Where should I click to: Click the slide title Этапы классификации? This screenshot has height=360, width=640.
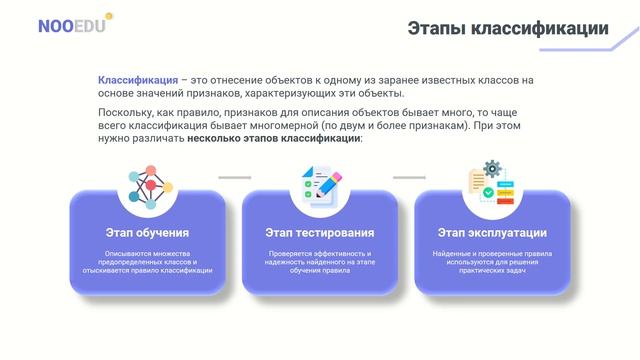(508, 29)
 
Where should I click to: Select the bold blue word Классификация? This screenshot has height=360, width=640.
(138, 79)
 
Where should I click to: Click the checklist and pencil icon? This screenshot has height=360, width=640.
(320, 185)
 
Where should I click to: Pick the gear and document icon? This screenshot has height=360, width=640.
(492, 183)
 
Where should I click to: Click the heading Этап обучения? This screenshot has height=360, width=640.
(147, 232)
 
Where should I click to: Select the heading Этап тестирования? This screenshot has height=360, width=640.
(320, 232)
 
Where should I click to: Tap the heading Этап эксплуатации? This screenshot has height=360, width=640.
(492, 232)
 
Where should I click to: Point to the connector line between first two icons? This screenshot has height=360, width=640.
(234, 178)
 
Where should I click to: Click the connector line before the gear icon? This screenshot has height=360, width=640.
(408, 178)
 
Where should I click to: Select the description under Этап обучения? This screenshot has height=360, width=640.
(147, 262)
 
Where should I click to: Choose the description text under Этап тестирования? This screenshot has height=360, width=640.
(320, 262)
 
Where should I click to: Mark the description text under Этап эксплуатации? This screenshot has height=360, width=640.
(492, 262)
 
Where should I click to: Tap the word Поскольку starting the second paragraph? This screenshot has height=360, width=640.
(125, 114)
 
